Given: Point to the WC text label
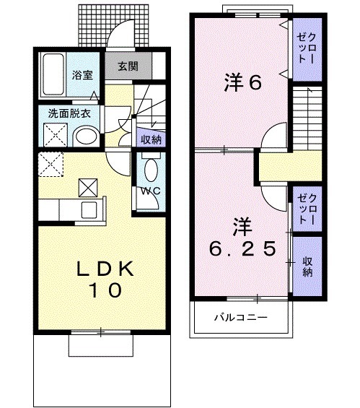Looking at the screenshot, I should [149, 191].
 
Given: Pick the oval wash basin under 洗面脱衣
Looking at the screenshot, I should [86, 135].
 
